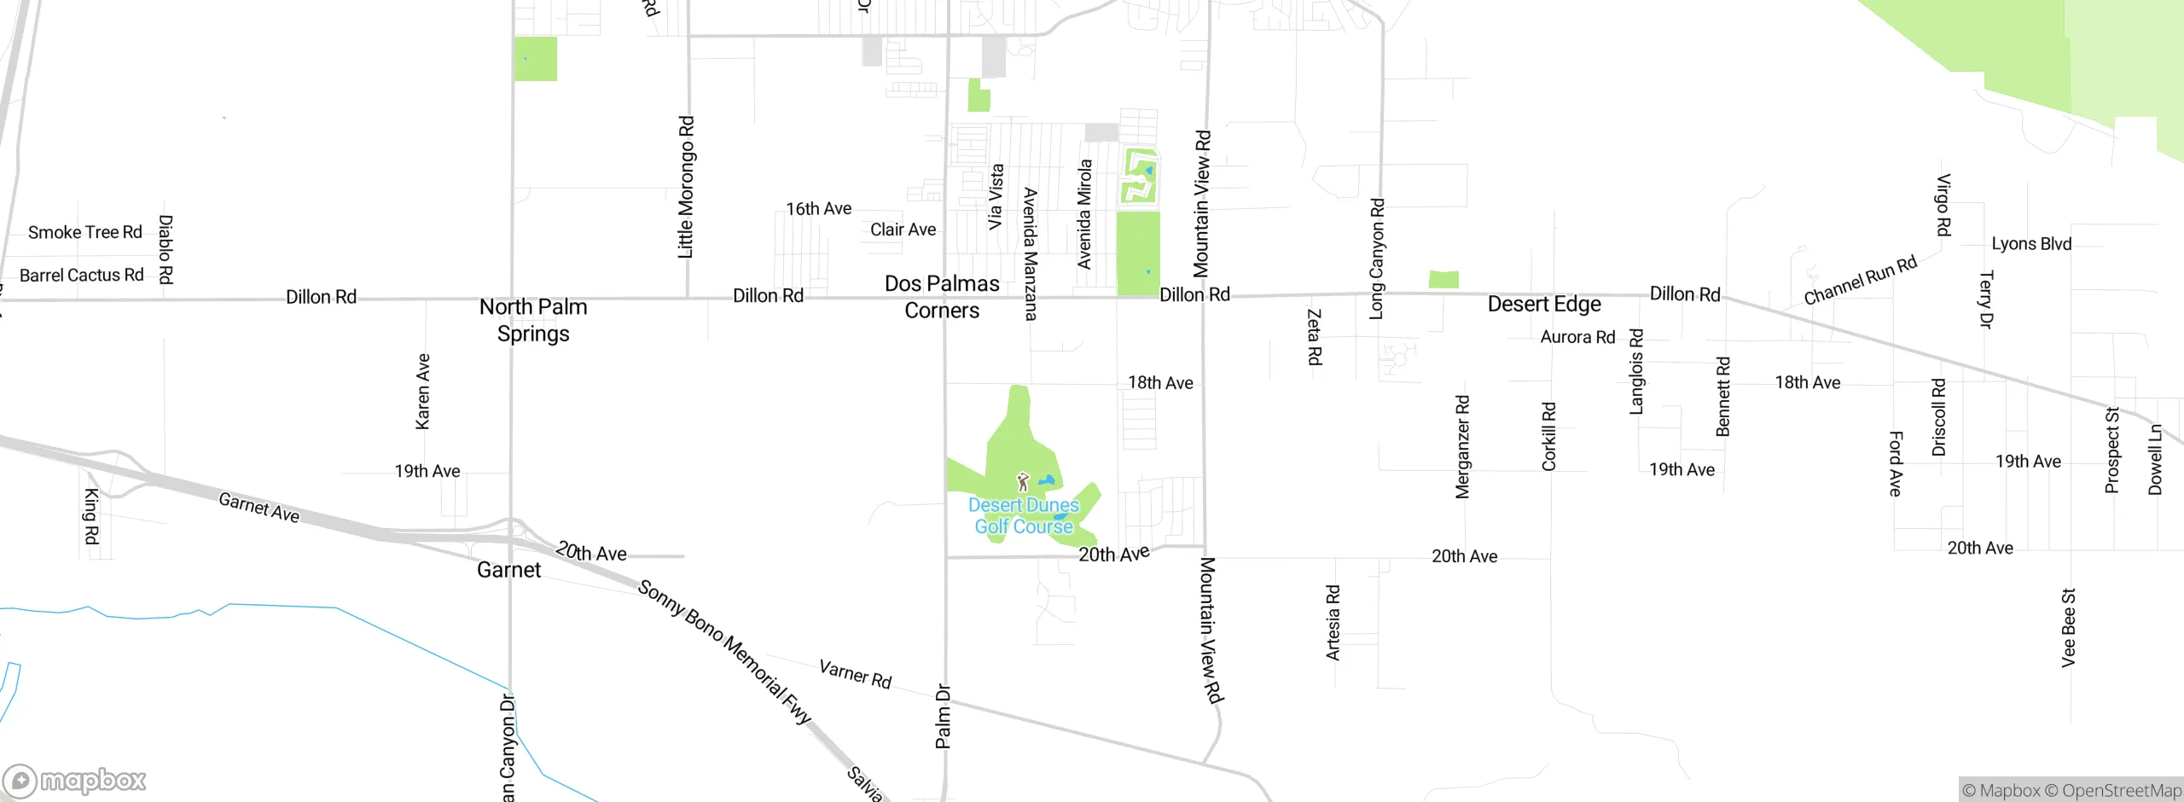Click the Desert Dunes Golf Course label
(1024, 516)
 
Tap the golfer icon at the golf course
(1023, 482)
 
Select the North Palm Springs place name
(533, 320)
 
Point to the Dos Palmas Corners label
(942, 297)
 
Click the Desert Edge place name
(1544, 305)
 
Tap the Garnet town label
(508, 570)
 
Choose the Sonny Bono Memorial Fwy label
(724, 653)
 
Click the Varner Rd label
(855, 674)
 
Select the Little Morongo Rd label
(686, 187)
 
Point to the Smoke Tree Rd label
(85, 233)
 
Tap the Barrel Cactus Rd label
(82, 276)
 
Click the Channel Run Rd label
(1860, 281)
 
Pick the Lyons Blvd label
(2031, 244)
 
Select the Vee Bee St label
(2068, 628)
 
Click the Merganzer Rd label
(1462, 446)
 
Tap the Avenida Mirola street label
(1084, 214)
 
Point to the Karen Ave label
(423, 392)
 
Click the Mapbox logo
(75, 781)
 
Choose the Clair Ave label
(903, 230)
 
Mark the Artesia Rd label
(1333, 623)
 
